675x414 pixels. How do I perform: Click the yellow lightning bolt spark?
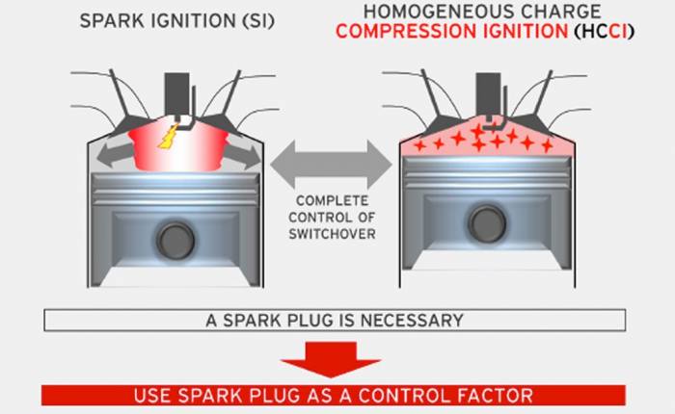click(169, 137)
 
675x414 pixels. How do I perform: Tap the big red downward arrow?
click(331, 359)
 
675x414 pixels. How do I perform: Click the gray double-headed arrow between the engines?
click(331, 165)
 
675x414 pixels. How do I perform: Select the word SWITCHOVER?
click(332, 234)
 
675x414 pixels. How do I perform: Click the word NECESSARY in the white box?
click(412, 321)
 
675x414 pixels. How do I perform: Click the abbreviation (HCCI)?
click(604, 32)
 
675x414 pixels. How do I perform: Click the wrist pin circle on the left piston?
click(175, 241)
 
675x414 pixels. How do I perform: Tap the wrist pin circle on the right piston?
click(487, 223)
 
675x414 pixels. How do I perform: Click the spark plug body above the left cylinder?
click(176, 93)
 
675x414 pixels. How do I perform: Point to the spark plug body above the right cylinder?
click(488, 93)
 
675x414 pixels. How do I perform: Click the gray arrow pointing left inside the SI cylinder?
click(115, 156)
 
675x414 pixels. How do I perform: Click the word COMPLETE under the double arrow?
click(332, 201)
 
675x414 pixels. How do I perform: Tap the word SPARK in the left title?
click(112, 21)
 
